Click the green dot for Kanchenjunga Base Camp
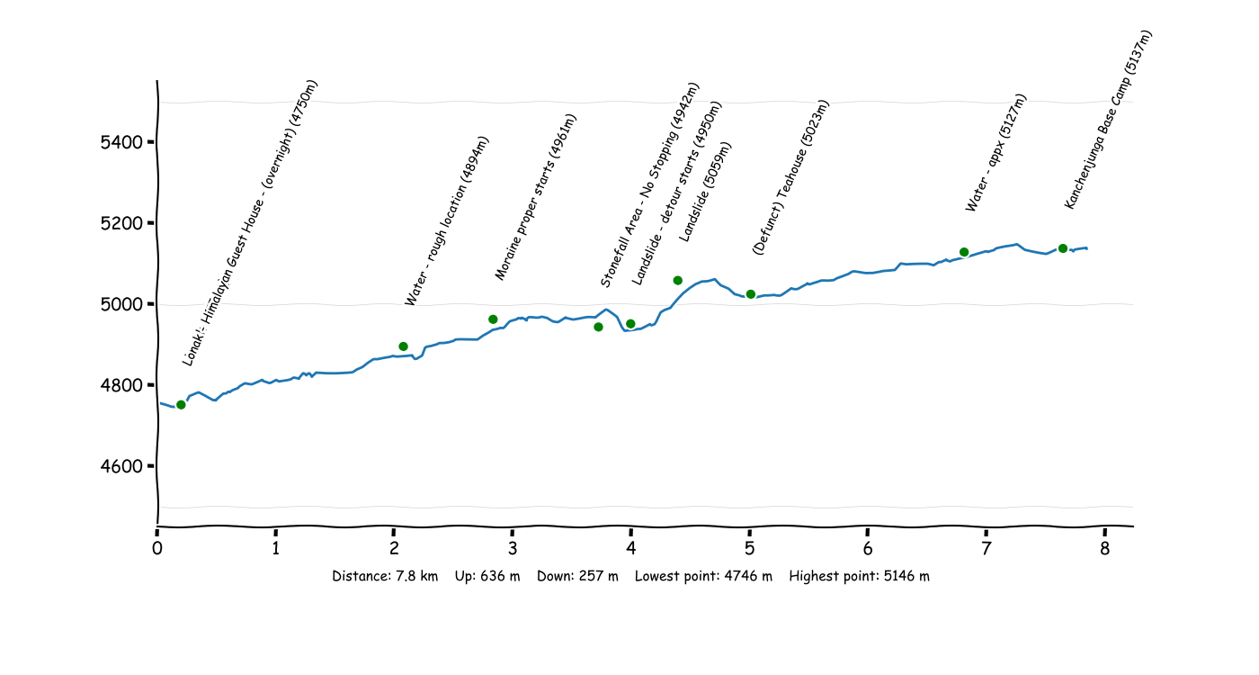click(1062, 248)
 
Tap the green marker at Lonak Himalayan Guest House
click(181, 405)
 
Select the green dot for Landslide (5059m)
click(677, 281)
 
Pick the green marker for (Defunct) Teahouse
click(750, 294)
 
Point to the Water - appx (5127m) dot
click(964, 252)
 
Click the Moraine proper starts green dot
click(493, 319)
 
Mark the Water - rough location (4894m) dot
click(403, 346)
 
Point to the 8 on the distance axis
click(1104, 548)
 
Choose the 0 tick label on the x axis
click(157, 548)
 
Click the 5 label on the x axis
click(749, 548)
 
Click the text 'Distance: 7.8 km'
click(385, 577)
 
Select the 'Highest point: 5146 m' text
click(859, 577)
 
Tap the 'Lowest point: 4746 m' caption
click(703, 577)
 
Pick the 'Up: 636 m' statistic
click(487, 577)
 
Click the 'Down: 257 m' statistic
click(577, 577)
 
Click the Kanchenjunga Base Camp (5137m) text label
click(1108, 120)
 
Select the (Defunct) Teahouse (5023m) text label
click(790, 178)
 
